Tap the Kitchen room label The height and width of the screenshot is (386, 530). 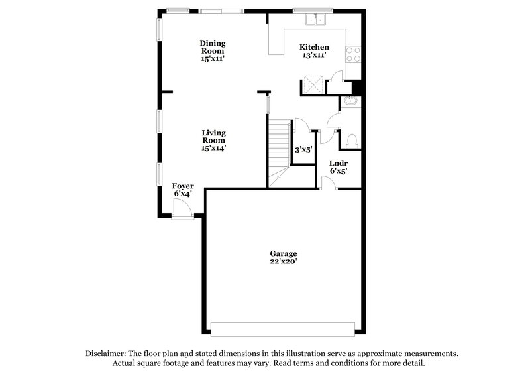coord(314,47)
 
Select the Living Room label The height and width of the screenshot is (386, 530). coord(213,136)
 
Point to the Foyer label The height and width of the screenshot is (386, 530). coord(182,186)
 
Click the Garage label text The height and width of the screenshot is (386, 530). coord(283,253)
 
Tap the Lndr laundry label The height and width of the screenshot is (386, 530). coord(339,163)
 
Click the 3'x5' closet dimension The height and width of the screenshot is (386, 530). coord(303,149)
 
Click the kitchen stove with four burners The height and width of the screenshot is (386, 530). coord(353,54)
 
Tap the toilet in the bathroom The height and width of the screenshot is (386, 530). coord(352,139)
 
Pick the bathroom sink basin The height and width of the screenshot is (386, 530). coord(350,101)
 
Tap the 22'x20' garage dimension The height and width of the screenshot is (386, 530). coord(283,262)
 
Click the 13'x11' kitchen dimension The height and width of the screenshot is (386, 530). coord(314,56)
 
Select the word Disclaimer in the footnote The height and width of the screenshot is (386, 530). coord(109,354)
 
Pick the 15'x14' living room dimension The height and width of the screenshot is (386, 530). coord(213,149)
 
